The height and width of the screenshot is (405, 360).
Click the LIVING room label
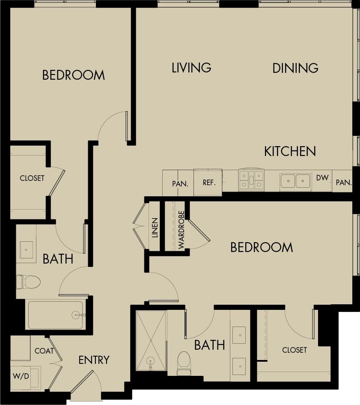coord(191,68)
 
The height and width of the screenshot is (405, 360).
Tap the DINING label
coord(295,68)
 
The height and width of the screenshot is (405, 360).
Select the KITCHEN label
coord(290,151)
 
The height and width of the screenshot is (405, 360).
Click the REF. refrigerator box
coord(208,183)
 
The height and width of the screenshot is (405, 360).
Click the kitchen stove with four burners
coord(251,180)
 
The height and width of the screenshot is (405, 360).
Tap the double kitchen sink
coord(295,181)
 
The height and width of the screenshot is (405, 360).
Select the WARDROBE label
coord(181,230)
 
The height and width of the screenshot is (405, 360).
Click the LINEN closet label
coord(155,228)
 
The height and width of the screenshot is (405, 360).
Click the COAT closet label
coord(44,351)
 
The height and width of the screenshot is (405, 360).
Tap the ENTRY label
coord(94,360)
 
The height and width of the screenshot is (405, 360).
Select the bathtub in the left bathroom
coord(56,315)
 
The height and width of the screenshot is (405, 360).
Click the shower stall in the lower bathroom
coord(151,340)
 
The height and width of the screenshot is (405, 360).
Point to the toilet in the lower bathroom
coord(184,362)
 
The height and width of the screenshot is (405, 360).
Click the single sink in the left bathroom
coord(26,249)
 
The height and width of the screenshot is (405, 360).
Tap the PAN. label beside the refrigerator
coord(180,183)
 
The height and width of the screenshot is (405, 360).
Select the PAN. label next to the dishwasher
coord(343,183)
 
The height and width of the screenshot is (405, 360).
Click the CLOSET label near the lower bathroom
coord(295,350)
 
